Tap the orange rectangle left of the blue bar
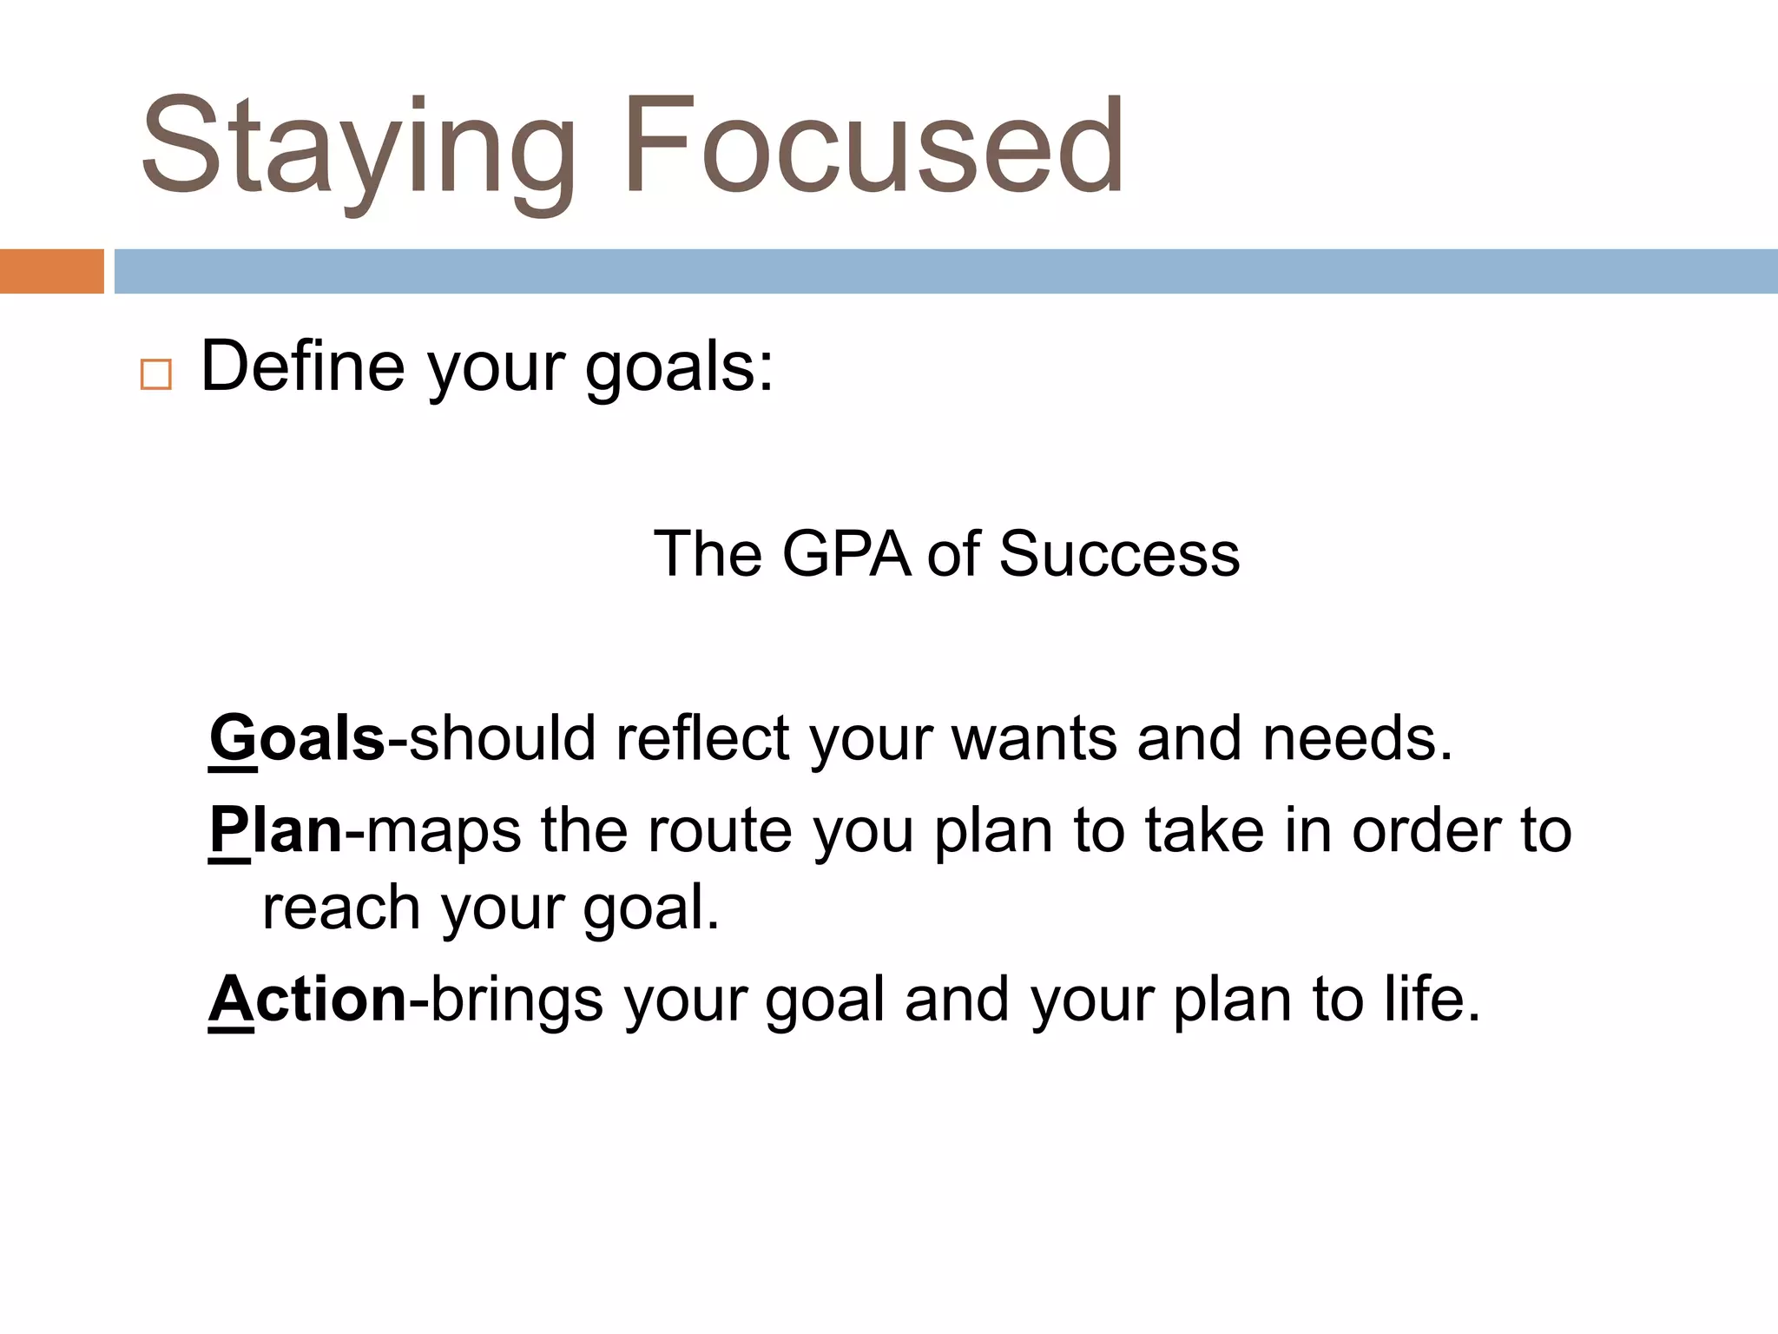(51, 271)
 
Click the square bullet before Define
(156, 374)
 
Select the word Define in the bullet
(303, 367)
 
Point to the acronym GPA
(846, 554)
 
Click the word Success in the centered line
(1119, 554)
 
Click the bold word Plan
(276, 830)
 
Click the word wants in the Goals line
(1033, 739)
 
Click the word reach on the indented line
(341, 908)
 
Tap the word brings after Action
(517, 1000)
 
